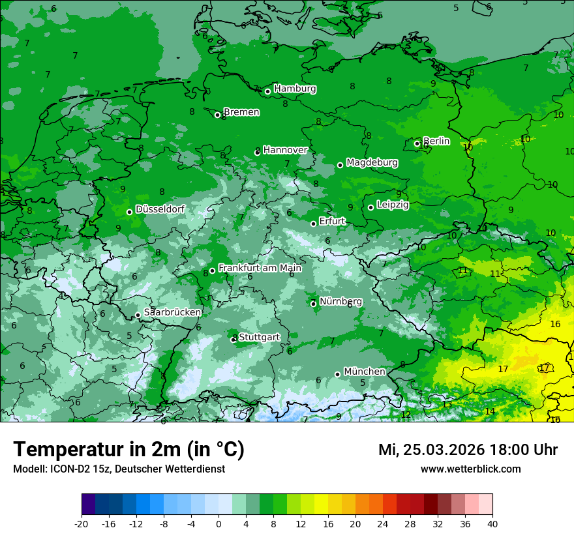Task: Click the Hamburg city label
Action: tap(295, 89)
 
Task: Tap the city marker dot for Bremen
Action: tap(217, 115)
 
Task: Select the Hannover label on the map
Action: tap(285, 150)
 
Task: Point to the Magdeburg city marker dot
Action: tap(340, 165)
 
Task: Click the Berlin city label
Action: tap(436, 141)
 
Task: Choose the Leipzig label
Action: tap(393, 205)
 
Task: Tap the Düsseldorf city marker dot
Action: tap(129, 212)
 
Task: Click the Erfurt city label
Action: tap(332, 222)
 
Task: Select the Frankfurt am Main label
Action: tap(260, 268)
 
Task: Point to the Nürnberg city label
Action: tap(340, 301)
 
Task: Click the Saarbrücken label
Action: tap(172, 313)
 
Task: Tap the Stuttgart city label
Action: tap(259, 337)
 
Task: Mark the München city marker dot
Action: tap(337, 374)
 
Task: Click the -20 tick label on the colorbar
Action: tap(81, 523)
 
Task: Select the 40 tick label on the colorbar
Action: tap(492, 523)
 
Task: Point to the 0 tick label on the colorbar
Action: tap(219, 523)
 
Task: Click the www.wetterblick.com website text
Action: tap(470, 469)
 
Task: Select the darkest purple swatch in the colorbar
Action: tap(88, 504)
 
